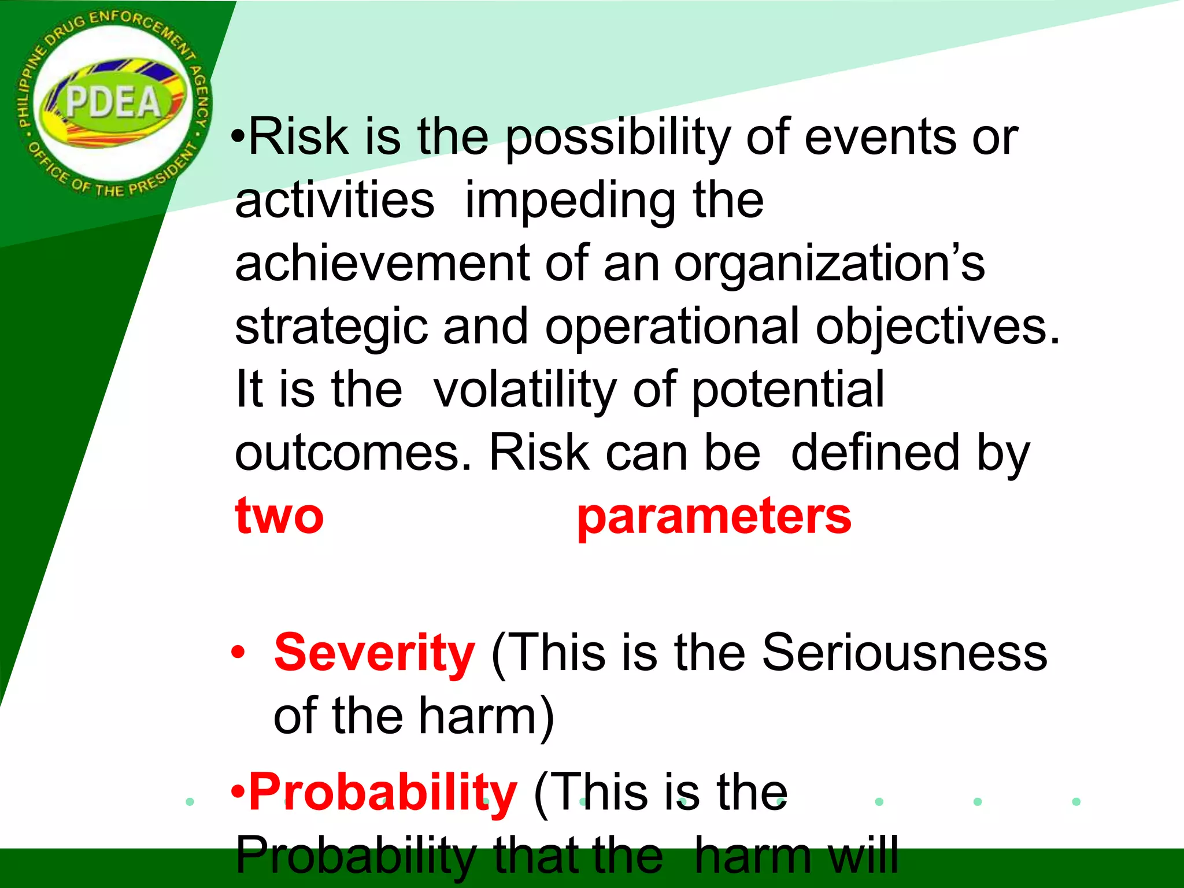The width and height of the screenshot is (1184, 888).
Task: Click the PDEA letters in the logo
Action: (113, 102)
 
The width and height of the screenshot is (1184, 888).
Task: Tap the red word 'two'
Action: (279, 516)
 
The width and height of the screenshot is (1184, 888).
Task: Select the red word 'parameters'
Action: (714, 516)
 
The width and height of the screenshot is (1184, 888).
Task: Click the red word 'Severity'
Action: (374, 653)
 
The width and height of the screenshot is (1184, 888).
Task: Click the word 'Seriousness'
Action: (904, 653)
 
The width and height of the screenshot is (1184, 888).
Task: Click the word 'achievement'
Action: (382, 264)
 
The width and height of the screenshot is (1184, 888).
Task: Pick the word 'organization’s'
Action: (829, 264)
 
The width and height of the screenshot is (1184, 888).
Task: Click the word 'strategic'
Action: (331, 327)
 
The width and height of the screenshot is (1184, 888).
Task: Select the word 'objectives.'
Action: (937, 327)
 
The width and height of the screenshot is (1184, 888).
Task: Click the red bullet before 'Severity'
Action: (238, 653)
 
